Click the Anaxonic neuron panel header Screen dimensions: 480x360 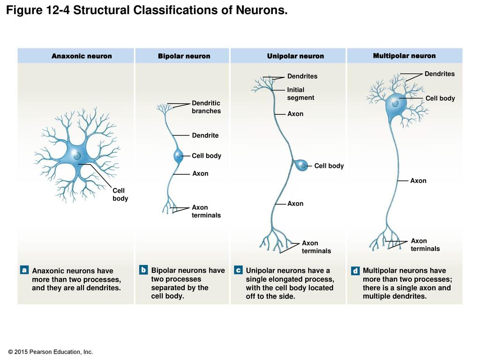click(82, 56)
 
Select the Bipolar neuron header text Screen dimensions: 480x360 click(184, 56)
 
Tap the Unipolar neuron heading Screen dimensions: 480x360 click(295, 56)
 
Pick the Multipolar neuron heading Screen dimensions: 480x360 click(404, 56)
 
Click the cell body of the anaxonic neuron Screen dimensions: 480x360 click(76, 155)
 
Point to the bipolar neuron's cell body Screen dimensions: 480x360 click(178, 156)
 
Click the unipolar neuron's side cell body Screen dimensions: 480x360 click(302, 165)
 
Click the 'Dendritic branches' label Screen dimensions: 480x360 click(206, 107)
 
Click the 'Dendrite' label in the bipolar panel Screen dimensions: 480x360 click(205, 135)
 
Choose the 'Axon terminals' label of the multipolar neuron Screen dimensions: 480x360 click(425, 245)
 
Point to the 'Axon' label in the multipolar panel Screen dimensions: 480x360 click(418, 180)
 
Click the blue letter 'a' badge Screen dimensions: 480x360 click(24, 270)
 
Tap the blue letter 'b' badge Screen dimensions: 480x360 click(143, 270)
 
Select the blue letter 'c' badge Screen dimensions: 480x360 click(238, 270)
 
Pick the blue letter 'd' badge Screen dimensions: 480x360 click(355, 270)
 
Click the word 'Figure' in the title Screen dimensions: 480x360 click(24, 10)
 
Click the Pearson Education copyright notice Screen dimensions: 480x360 click(50, 352)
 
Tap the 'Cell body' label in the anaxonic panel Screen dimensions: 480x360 click(120, 195)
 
